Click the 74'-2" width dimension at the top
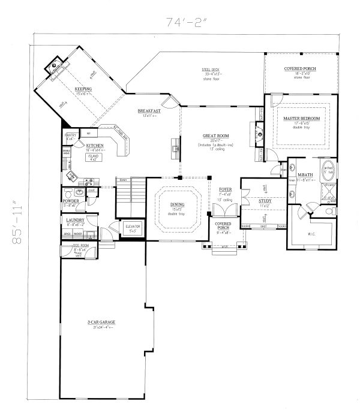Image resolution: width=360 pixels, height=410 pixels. point(187,23)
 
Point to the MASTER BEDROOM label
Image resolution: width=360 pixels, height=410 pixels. point(301,119)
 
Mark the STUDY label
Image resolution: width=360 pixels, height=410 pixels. point(265,201)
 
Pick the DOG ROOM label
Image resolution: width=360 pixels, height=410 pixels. point(70,246)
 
